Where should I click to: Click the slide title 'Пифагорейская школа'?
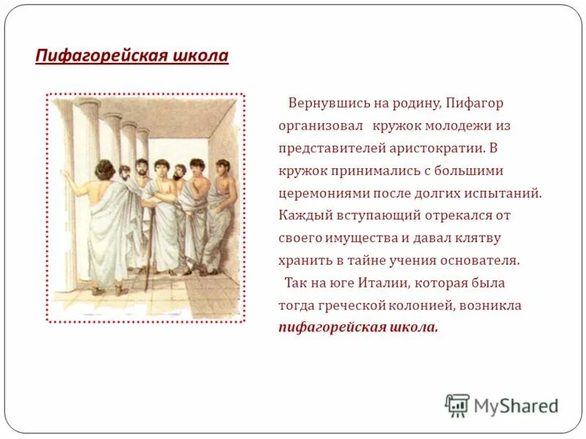132,56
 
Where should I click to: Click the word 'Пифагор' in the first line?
475,103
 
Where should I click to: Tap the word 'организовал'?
319,126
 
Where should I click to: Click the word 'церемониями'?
320,193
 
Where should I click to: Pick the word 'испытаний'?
505,193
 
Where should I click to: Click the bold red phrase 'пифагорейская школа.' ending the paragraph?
358,327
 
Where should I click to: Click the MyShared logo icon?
457,405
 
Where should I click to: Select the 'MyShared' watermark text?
516,405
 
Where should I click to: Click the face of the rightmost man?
222,169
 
